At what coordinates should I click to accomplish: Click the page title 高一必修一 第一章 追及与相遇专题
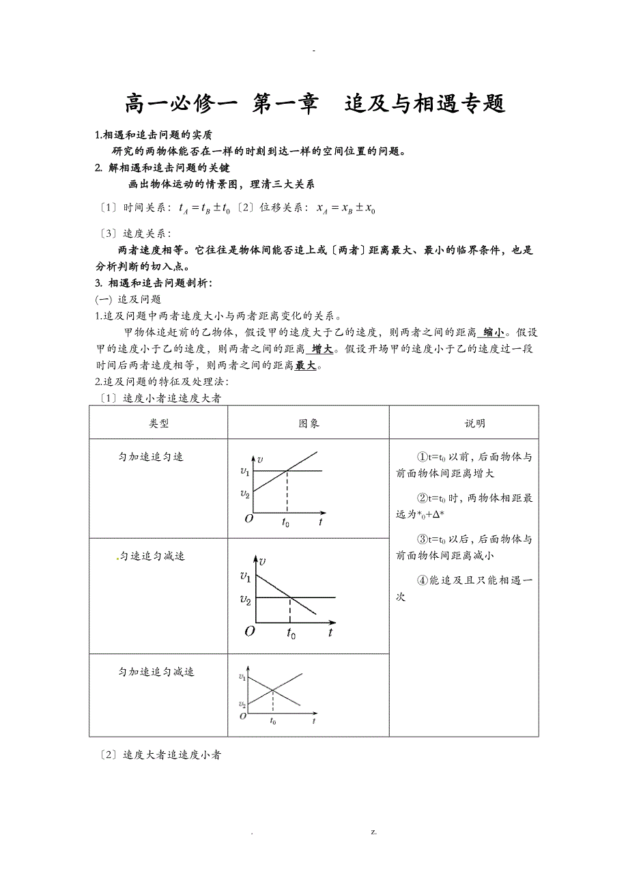coord(314,104)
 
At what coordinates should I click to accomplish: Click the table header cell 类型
coord(158,423)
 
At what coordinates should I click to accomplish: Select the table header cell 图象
coord(309,423)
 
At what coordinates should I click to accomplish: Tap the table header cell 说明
coord(474,423)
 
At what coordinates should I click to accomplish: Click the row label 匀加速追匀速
coord(151,456)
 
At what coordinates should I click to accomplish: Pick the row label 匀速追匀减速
coord(152,556)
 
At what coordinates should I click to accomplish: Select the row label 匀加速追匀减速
coord(156,672)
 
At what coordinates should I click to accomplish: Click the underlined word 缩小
coord(493,333)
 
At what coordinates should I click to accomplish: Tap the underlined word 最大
coord(306,365)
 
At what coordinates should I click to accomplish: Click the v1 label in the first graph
coord(245,471)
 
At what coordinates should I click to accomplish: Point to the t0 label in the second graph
coord(291,633)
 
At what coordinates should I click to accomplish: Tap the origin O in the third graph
coord(243,716)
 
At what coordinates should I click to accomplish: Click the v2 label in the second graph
coord(245,599)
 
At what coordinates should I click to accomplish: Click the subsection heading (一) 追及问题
coord(128,299)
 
